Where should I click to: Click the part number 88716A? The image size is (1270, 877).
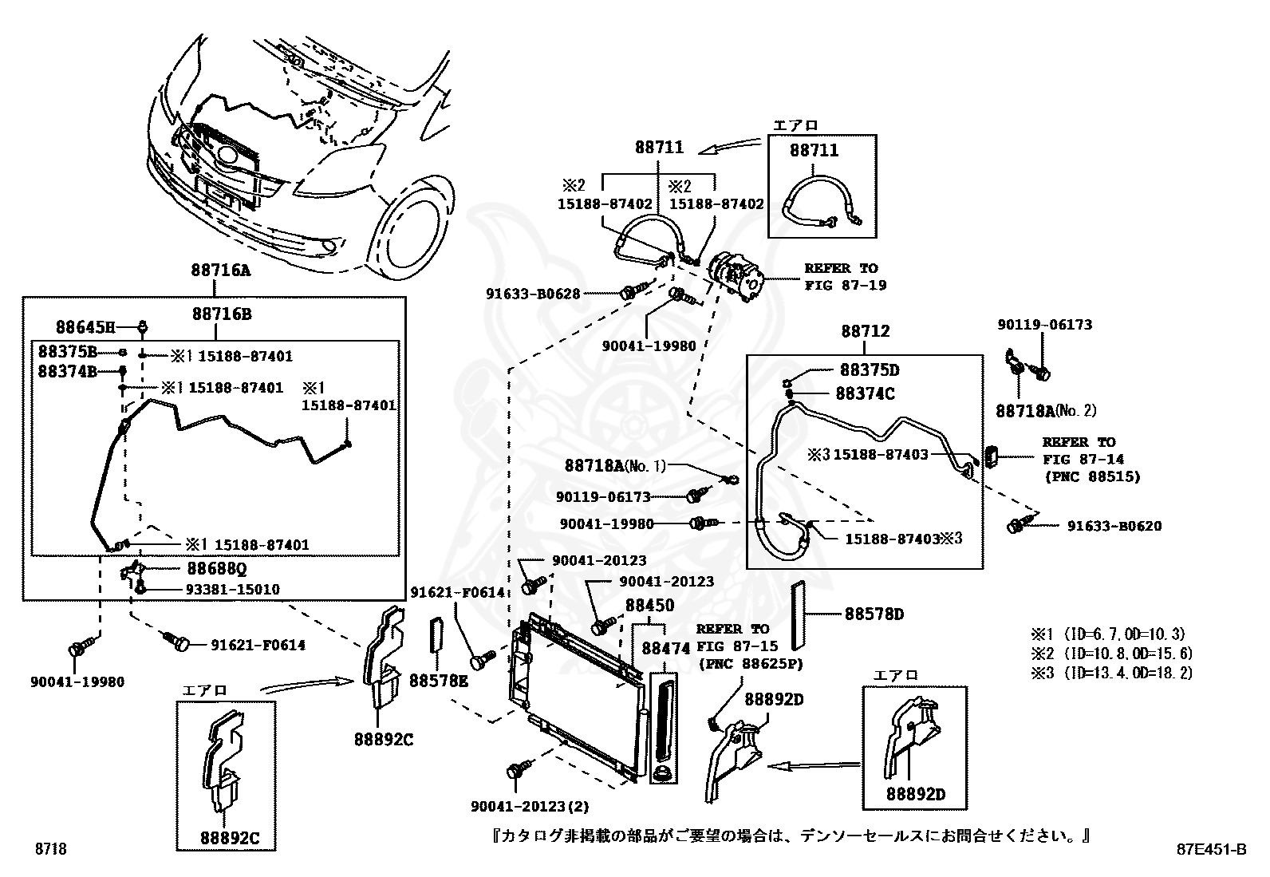(220, 270)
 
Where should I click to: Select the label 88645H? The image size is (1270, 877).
(86, 326)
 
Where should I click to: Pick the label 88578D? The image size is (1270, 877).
(874, 614)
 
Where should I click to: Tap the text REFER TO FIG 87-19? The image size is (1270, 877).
(845, 276)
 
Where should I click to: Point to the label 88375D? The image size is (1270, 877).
(869, 370)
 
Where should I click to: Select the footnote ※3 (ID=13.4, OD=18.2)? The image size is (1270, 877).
(1111, 673)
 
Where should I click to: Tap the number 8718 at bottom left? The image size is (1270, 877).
(50, 849)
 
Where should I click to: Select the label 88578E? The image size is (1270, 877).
(439, 681)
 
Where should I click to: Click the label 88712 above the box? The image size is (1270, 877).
(865, 330)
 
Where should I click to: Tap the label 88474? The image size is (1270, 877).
(666, 649)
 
